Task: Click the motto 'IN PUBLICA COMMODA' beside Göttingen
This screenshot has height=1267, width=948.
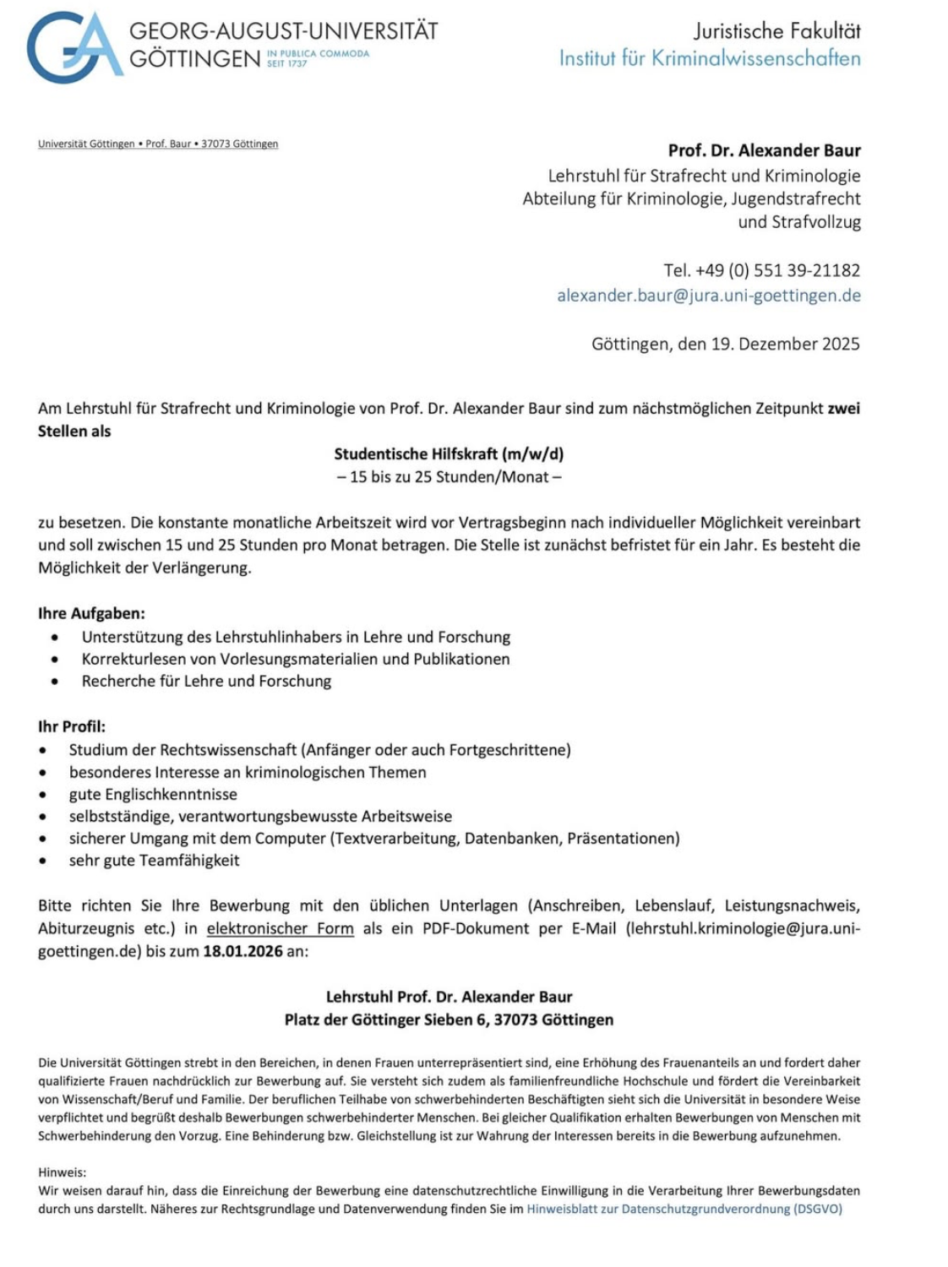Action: coord(319,53)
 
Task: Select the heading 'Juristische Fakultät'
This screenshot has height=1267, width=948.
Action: coord(776,31)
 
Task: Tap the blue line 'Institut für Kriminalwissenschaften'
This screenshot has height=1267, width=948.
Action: coord(710,58)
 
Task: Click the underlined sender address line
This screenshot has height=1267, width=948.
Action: coord(158,144)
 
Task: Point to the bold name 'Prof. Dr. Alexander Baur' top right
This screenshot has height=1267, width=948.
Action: coord(764,150)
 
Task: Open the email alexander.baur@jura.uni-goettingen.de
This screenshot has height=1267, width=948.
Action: coord(708,296)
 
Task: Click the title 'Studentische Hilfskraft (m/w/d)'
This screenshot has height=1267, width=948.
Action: coord(449,454)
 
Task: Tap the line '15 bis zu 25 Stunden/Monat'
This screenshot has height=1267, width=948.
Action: coord(449,476)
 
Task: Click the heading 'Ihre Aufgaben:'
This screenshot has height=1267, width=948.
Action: coord(91,613)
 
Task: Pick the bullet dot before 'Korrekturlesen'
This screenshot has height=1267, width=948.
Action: coord(55,660)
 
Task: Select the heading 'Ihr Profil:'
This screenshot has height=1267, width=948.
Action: coord(72,726)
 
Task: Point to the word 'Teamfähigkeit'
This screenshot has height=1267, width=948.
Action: coord(189,860)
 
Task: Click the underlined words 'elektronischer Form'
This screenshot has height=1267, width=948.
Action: coord(280,928)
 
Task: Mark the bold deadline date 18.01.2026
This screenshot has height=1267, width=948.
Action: coord(242,950)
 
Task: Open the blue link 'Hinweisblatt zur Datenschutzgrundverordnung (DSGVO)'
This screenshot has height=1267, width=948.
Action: coord(684,1209)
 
